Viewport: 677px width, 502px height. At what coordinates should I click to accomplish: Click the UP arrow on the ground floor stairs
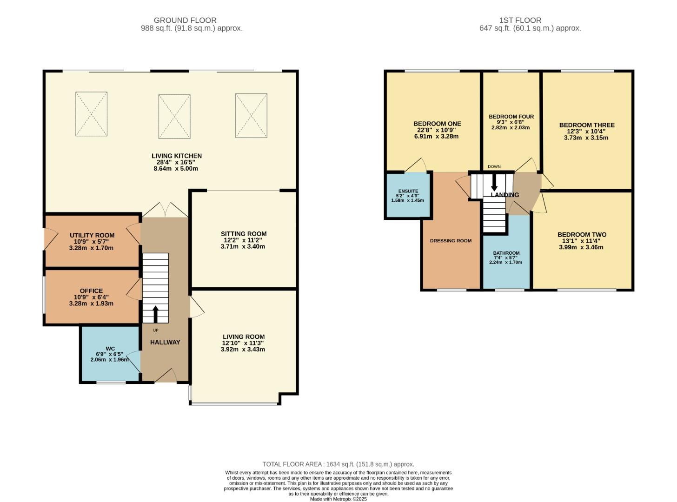[155, 314]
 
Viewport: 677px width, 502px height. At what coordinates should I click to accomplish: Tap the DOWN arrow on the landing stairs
[494, 183]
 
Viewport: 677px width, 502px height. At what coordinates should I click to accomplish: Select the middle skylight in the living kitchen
[174, 117]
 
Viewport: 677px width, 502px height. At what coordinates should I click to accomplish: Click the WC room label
[110, 349]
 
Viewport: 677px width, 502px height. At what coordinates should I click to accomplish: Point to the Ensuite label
[408, 191]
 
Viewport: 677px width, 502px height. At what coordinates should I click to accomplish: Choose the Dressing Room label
[451, 241]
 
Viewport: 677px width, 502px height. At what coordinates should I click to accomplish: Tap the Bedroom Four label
[511, 117]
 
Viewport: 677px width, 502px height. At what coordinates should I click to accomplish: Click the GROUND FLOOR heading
[185, 20]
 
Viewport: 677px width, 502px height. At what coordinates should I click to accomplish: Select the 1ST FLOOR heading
[520, 20]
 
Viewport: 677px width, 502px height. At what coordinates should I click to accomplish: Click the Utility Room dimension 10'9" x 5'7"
[91, 242]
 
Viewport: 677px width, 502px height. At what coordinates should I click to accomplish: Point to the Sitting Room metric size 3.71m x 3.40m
[243, 246]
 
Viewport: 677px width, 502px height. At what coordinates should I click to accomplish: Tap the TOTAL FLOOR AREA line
[338, 464]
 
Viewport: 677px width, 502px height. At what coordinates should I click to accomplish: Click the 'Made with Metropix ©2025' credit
[338, 499]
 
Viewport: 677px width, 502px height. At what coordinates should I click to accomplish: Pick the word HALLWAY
[165, 343]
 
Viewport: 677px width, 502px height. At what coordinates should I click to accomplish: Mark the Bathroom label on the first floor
[506, 253]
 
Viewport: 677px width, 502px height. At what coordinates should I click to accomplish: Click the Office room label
[91, 291]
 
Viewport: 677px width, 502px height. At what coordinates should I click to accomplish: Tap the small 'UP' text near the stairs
[156, 330]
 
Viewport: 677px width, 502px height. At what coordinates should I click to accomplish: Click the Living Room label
[244, 337]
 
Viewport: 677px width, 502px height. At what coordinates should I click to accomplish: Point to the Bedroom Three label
[587, 125]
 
